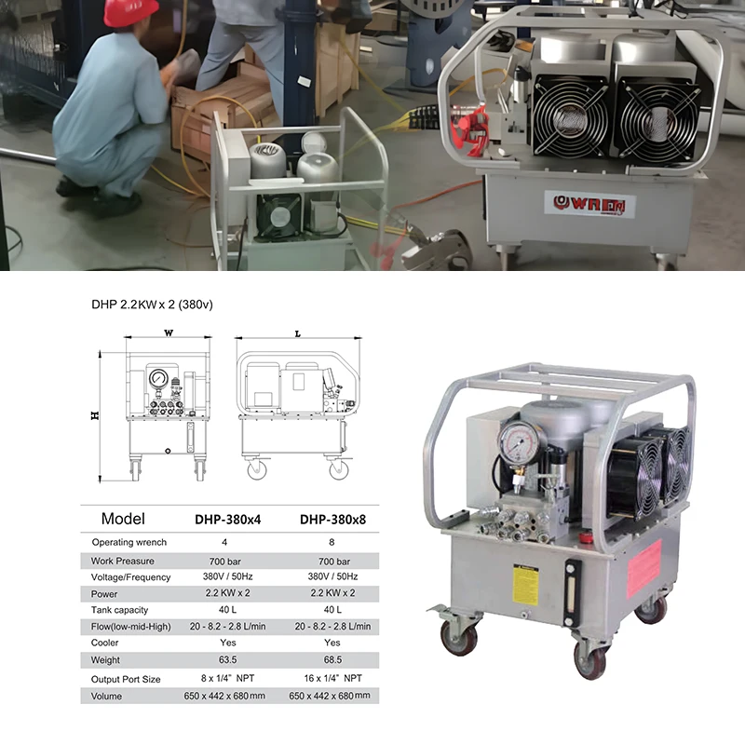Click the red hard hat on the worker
pyautogui.click(x=131, y=12)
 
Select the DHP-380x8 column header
pyautogui.click(x=332, y=520)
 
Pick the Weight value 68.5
pyautogui.click(x=332, y=660)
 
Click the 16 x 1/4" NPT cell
pyautogui.click(x=332, y=679)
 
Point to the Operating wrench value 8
pyautogui.click(x=332, y=541)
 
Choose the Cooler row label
pyautogui.click(x=105, y=643)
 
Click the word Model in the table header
pyautogui.click(x=123, y=519)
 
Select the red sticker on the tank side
pyautogui.click(x=644, y=567)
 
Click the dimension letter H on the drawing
pyautogui.click(x=94, y=416)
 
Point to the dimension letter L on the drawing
pyautogui.click(x=297, y=332)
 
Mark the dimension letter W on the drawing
pyautogui.click(x=169, y=332)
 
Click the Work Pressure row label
pyautogui.click(x=122, y=562)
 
